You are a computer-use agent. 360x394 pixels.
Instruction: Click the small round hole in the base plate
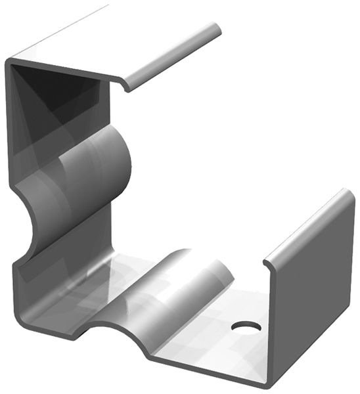246,326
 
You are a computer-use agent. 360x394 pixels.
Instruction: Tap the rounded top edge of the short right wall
309,223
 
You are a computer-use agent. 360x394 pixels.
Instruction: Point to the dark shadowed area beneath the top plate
46,92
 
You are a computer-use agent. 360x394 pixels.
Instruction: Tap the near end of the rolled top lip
129,85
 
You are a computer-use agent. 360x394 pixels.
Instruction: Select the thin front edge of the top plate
59,68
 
